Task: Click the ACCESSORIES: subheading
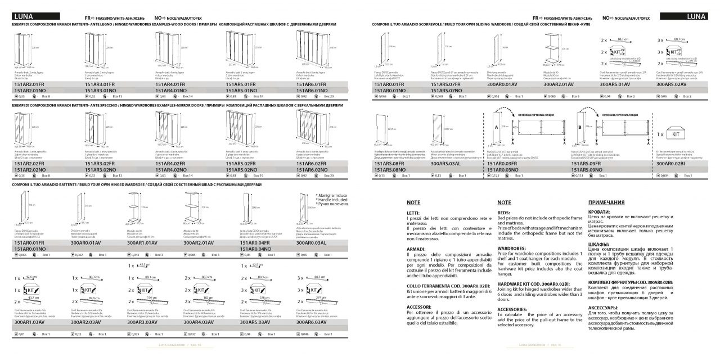512,309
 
